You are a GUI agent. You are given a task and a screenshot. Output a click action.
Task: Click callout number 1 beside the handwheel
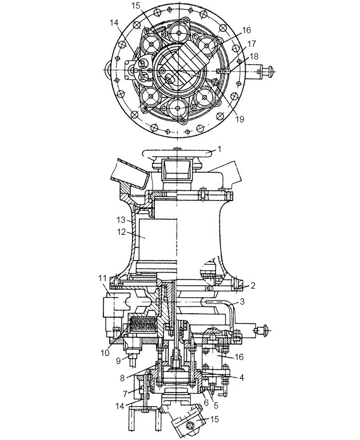219,149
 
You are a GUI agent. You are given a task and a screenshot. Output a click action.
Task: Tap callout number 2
253,286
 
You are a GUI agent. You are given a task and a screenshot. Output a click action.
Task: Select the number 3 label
242,302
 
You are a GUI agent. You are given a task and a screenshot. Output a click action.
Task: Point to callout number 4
241,377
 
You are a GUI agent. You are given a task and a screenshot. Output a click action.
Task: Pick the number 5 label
216,405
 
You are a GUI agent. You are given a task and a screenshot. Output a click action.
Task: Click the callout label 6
206,403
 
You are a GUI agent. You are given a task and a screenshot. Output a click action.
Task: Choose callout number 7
126,393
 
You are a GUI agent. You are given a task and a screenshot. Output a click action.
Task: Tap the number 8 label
122,378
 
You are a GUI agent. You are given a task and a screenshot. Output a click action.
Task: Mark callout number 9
118,361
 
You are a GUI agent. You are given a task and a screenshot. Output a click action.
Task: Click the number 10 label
105,353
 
